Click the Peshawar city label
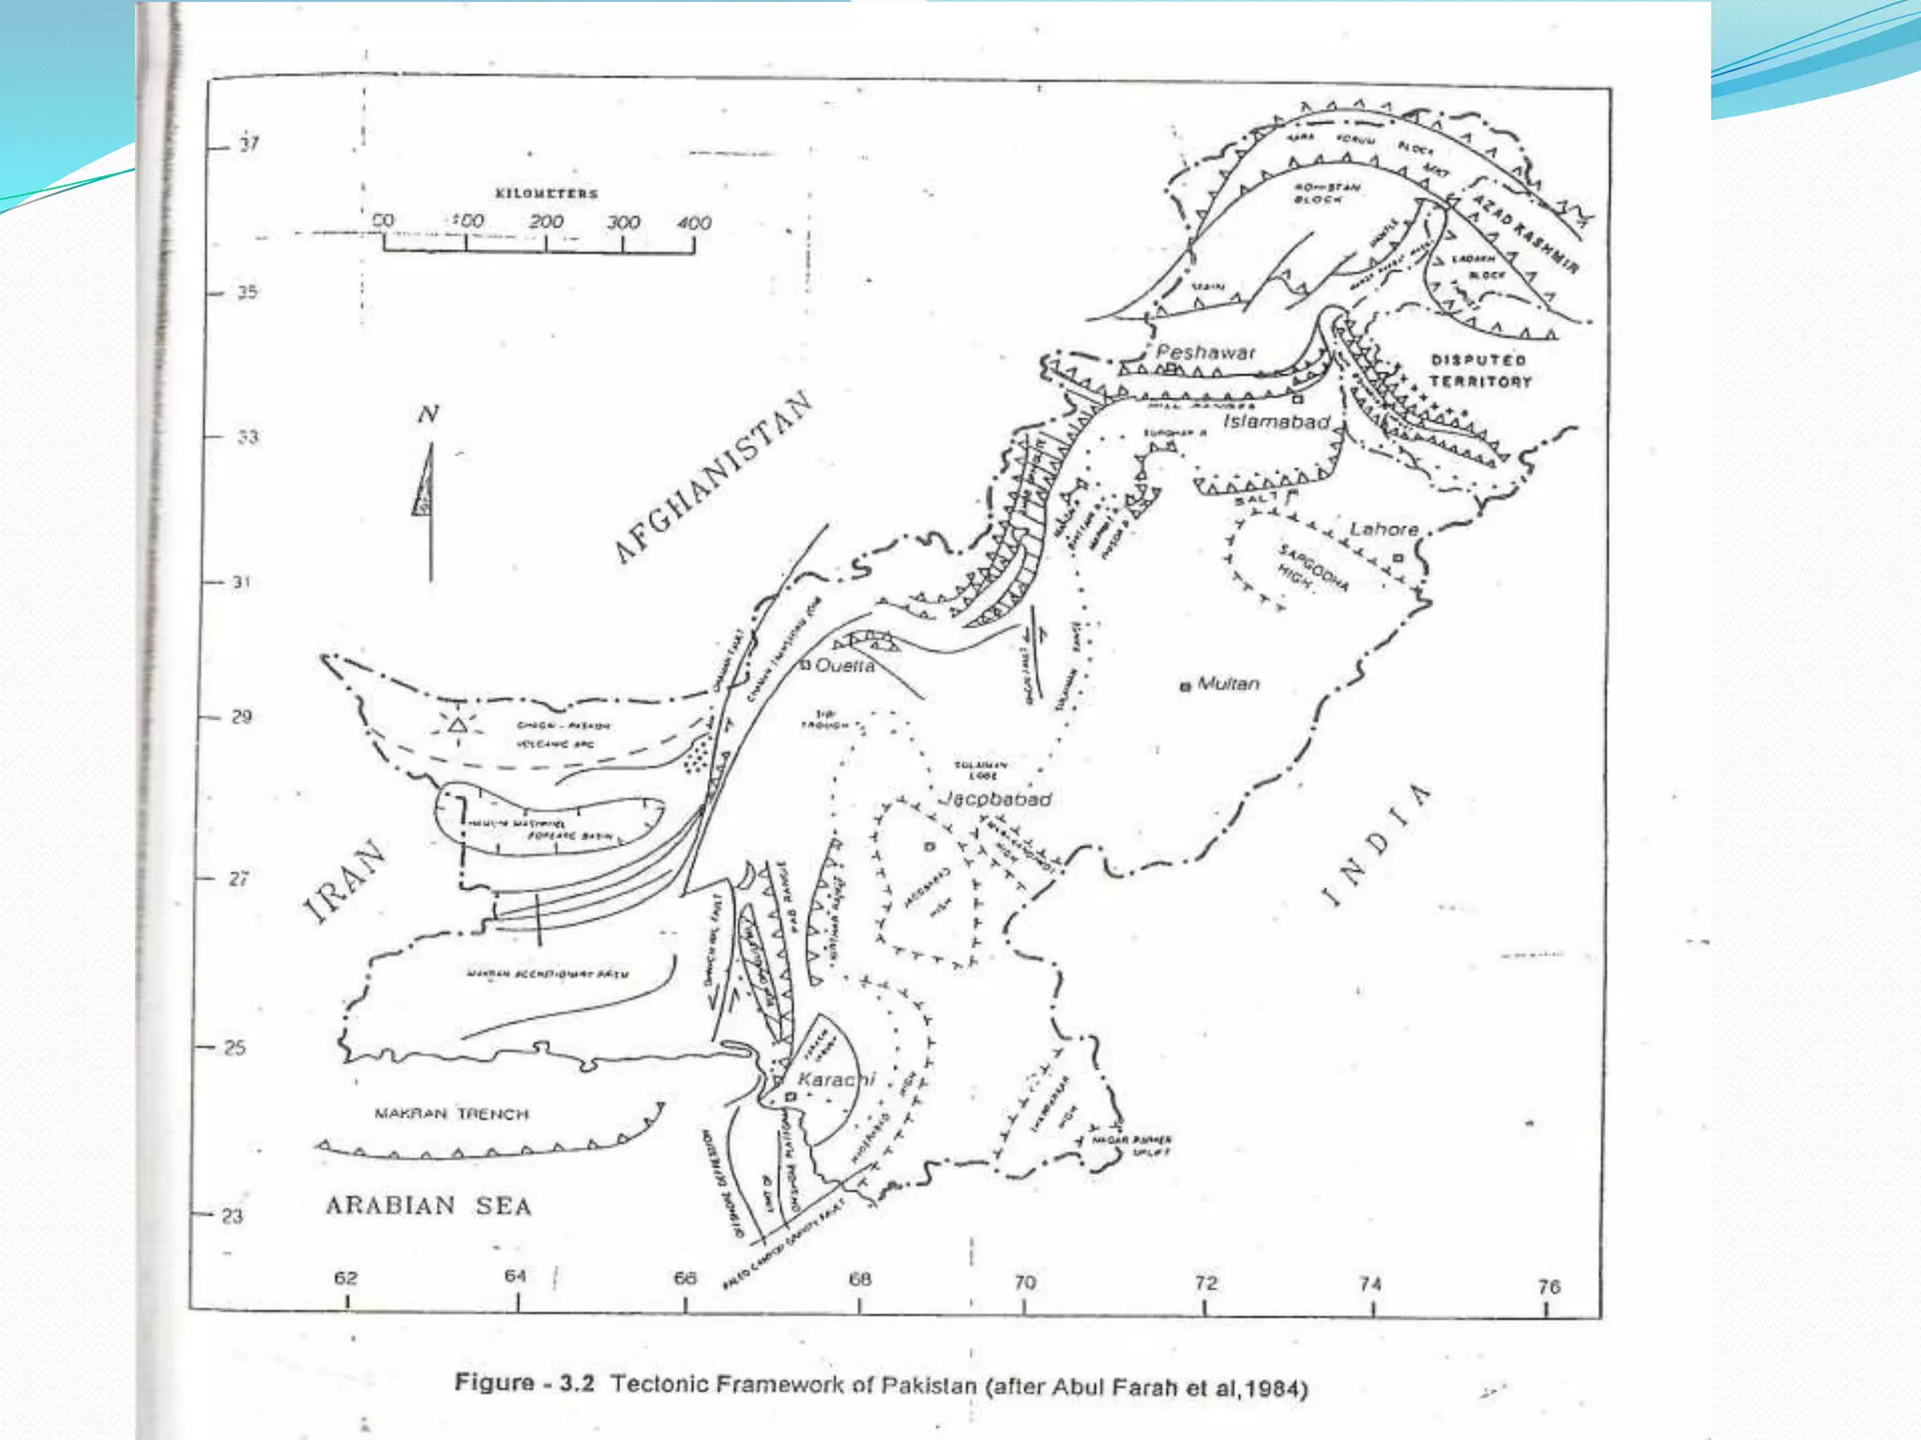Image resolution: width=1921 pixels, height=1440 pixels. [x=1204, y=352]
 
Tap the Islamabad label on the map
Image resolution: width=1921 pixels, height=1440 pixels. [x=1276, y=422]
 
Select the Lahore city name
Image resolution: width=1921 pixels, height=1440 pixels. [x=1384, y=530]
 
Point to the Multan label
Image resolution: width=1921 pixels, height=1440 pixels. [x=1228, y=683]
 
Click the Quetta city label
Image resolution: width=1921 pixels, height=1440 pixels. [x=845, y=666]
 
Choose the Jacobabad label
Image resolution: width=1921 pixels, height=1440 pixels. [x=996, y=799]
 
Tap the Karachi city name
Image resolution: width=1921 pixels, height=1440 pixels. [x=836, y=1080]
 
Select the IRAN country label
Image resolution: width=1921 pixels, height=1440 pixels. [x=344, y=881]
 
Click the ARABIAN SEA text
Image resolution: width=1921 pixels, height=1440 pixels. [x=429, y=1206]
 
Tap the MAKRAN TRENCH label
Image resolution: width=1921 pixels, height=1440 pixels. [x=451, y=1114]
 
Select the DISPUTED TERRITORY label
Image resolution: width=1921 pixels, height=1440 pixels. [x=1479, y=371]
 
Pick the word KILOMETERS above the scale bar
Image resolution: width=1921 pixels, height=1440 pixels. [x=546, y=194]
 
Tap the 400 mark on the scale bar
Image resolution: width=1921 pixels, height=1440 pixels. [x=694, y=223]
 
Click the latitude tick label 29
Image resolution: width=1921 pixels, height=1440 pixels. [x=241, y=717]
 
